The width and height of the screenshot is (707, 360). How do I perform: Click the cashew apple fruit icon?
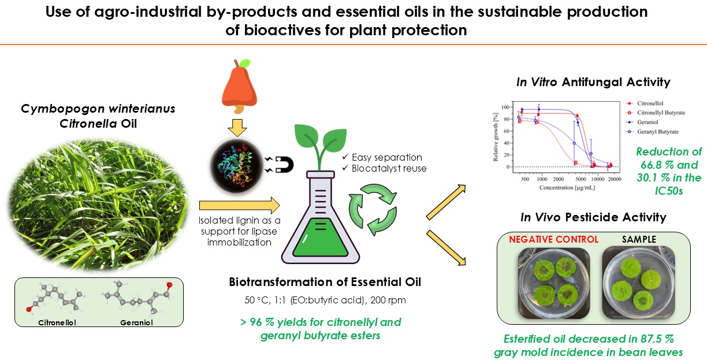(239, 86)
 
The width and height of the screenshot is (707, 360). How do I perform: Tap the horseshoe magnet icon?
(284, 165)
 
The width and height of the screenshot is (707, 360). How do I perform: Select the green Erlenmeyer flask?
(320, 217)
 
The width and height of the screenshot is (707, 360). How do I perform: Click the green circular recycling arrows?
(373, 210)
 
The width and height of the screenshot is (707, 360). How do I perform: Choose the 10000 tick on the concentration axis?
(597, 179)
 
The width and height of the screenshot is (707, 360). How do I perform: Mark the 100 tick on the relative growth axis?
(505, 107)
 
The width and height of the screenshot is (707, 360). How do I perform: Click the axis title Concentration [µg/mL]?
(567, 188)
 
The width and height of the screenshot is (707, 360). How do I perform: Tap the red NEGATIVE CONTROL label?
(553, 239)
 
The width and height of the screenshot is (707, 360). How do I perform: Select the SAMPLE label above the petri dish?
(639, 239)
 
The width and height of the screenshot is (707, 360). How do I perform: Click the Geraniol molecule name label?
(136, 323)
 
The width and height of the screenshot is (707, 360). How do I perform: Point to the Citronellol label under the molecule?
(57, 323)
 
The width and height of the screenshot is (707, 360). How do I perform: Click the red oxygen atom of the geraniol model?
(169, 285)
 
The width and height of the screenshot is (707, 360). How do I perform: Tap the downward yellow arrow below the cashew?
(237, 128)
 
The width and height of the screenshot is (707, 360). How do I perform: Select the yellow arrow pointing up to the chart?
(446, 202)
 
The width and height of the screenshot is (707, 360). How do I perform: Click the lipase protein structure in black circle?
(237, 165)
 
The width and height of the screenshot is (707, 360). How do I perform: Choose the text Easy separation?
(386, 157)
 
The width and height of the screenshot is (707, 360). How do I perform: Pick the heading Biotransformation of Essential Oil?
(325, 282)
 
